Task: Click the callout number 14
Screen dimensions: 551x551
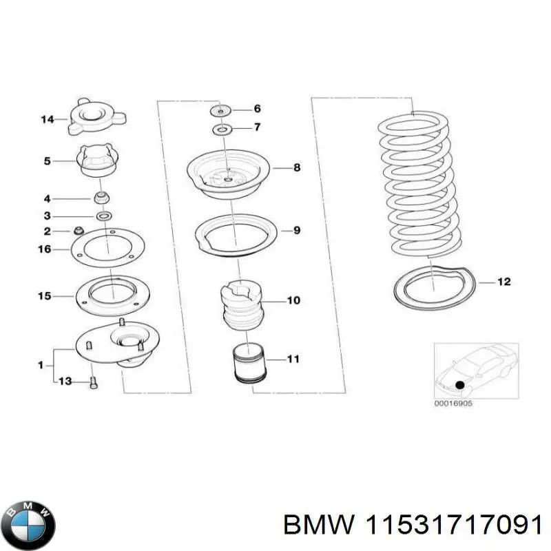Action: (x=47, y=120)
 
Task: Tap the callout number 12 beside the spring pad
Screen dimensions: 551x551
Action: (x=505, y=281)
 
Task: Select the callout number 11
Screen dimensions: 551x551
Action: (x=293, y=359)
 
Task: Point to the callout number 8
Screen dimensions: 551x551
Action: (x=296, y=167)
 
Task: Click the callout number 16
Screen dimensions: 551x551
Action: (x=44, y=249)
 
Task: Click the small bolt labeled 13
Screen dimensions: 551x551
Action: (x=93, y=383)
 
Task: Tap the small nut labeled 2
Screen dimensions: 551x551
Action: (x=78, y=230)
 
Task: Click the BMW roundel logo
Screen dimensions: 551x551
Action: (x=28, y=512)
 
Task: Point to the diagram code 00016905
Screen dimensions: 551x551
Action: (x=453, y=404)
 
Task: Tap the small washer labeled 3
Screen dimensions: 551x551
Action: (x=103, y=217)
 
